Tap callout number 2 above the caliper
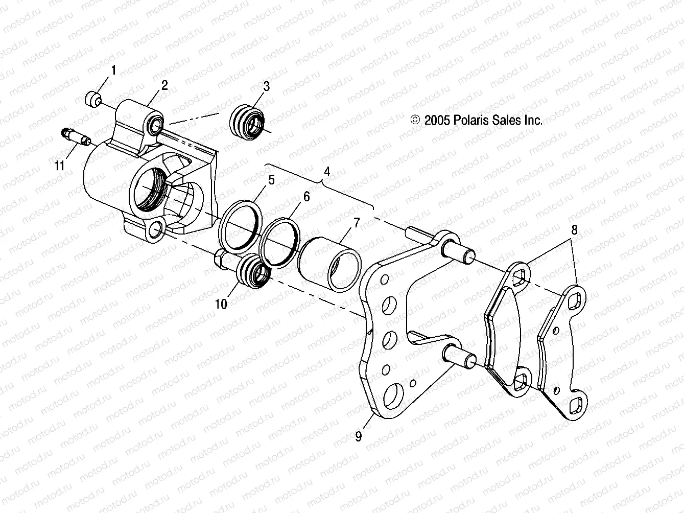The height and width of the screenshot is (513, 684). (x=164, y=86)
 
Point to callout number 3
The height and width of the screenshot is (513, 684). (x=266, y=86)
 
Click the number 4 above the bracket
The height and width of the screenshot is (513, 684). (x=327, y=173)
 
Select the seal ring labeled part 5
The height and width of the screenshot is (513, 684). (x=242, y=226)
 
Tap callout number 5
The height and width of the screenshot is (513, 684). (x=272, y=180)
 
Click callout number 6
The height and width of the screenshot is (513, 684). (x=306, y=197)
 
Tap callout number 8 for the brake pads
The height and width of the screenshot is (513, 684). (x=574, y=230)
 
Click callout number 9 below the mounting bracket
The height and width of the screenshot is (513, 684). (x=358, y=436)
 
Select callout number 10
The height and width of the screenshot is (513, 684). (x=221, y=304)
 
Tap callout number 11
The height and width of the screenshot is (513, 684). (x=60, y=166)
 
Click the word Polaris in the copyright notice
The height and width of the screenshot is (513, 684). (x=468, y=120)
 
